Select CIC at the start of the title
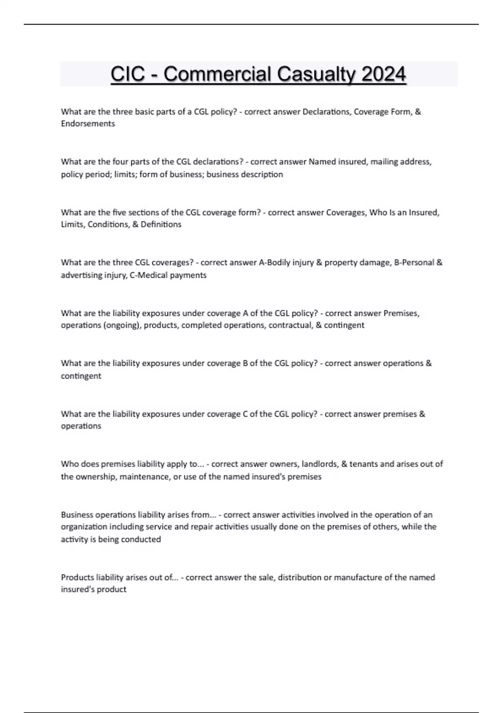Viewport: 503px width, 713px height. point(128,75)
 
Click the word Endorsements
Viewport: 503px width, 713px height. point(88,124)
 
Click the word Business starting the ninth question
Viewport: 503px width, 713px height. point(77,515)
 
